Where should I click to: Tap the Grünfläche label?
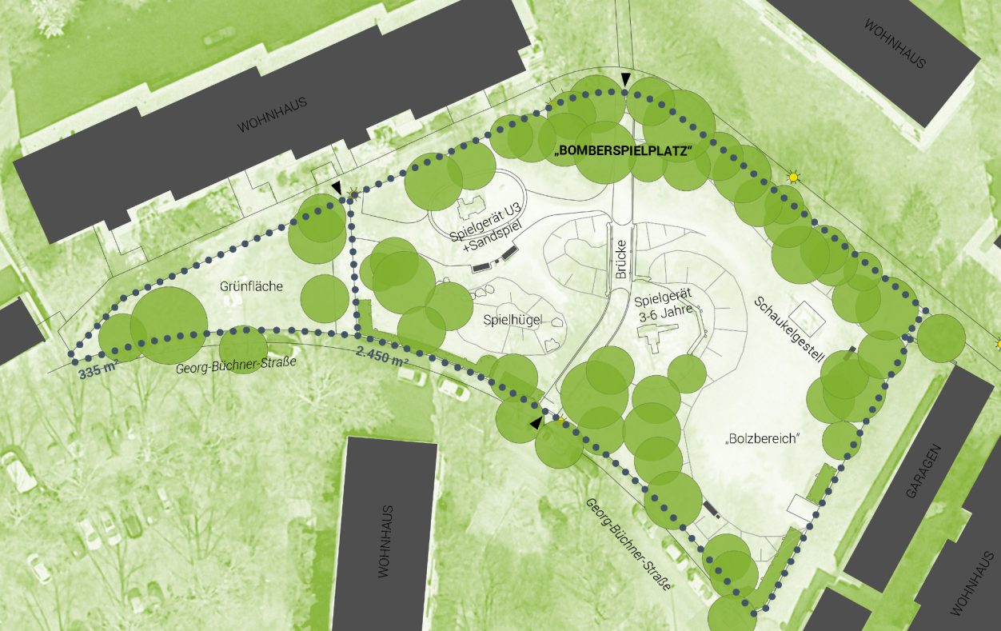251,286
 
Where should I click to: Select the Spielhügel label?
512,320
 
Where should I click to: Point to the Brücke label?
621,260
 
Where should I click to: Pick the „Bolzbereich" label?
763,439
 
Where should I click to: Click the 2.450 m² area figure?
383,357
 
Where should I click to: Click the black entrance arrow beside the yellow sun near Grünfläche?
337,186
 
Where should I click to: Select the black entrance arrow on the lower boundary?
535,423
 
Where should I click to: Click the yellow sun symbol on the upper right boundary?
793,177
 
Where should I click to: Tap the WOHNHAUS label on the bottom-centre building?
386,541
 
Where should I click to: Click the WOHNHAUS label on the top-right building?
895,43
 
